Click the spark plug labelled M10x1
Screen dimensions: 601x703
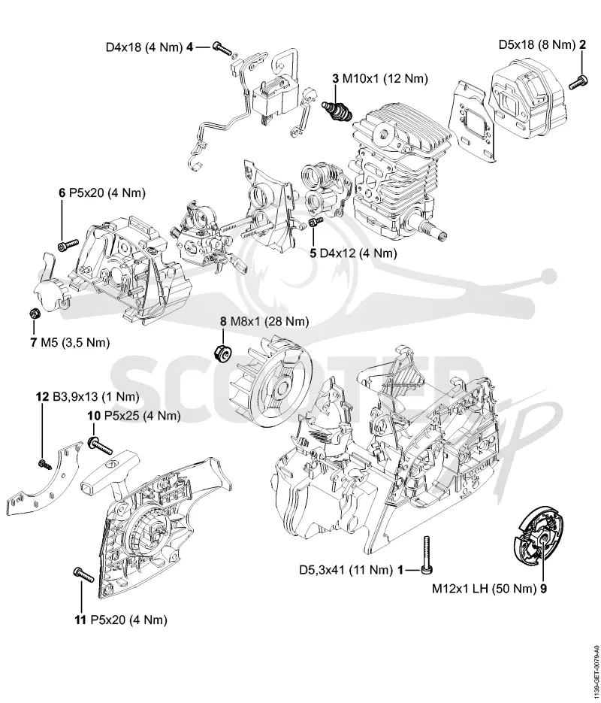337,111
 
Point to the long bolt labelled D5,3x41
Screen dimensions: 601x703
427,555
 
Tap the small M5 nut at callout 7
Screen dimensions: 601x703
33,313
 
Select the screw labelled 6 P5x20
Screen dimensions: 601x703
68,244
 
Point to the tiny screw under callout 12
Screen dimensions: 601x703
45,465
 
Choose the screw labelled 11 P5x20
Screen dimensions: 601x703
83,574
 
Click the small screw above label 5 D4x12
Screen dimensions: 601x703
316,222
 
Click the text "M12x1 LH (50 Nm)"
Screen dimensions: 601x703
484,589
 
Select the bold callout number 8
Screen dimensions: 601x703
223,322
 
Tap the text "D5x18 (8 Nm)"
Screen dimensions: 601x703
537,44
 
